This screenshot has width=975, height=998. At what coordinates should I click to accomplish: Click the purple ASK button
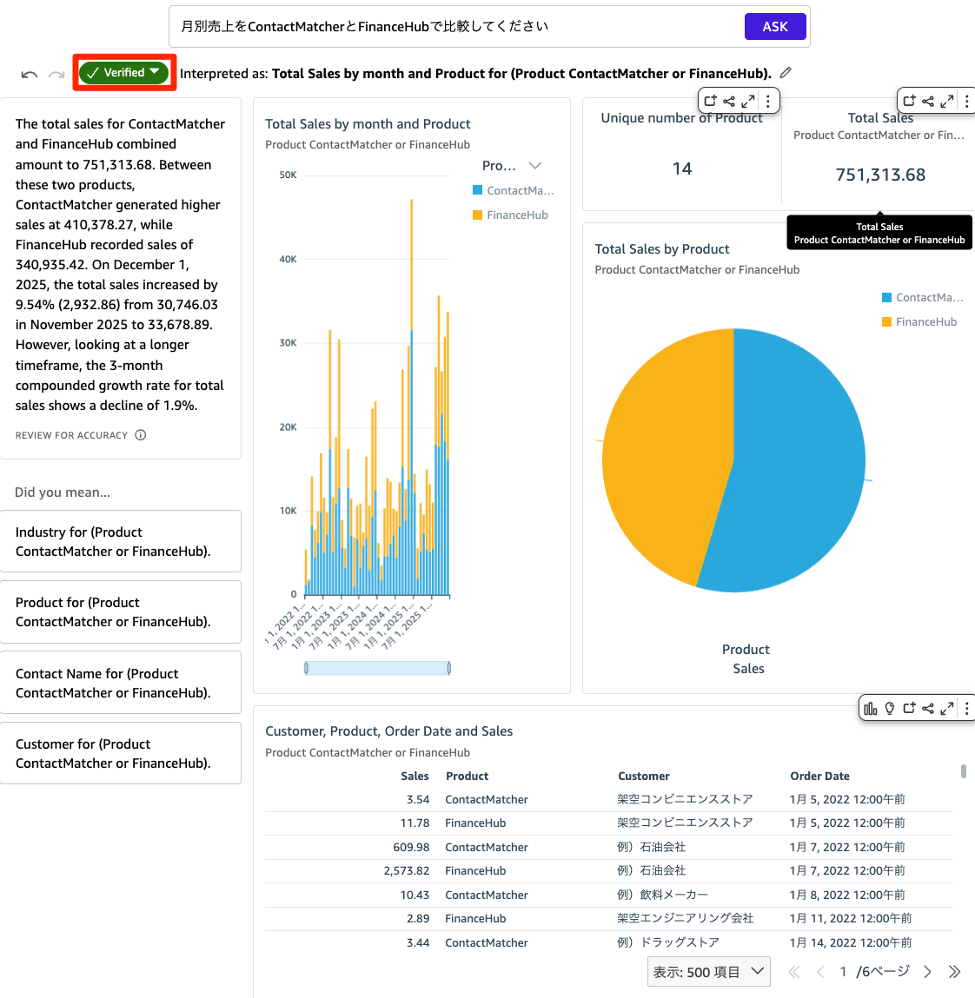tap(774, 27)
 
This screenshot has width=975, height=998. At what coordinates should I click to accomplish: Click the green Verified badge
tap(124, 73)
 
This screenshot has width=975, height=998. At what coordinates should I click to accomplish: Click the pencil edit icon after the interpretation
tap(786, 73)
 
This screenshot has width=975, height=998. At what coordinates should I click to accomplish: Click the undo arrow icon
tap(30, 75)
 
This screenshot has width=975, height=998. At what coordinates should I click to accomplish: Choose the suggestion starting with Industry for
tap(121, 541)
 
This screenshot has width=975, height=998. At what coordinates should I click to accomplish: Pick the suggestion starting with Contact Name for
tap(121, 683)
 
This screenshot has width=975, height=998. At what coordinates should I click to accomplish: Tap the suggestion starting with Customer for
tap(121, 753)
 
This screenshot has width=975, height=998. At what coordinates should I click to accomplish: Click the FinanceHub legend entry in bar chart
tap(516, 215)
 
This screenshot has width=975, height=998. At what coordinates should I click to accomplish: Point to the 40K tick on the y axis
tap(288, 259)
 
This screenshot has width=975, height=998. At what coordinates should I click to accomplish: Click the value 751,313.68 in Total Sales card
tap(879, 175)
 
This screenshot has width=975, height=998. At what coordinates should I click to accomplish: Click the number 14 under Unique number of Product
tap(682, 169)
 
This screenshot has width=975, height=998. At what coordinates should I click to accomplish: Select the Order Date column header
tap(819, 777)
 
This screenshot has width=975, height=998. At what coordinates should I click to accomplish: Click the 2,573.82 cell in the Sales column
tap(407, 870)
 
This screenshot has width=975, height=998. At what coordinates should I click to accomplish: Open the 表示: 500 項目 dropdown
tap(709, 972)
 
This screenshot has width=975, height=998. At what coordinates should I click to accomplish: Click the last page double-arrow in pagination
tap(954, 972)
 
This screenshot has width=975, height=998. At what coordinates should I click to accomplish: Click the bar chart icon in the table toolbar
tap(870, 709)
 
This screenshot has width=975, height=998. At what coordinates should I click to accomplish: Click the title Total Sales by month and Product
tap(368, 124)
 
